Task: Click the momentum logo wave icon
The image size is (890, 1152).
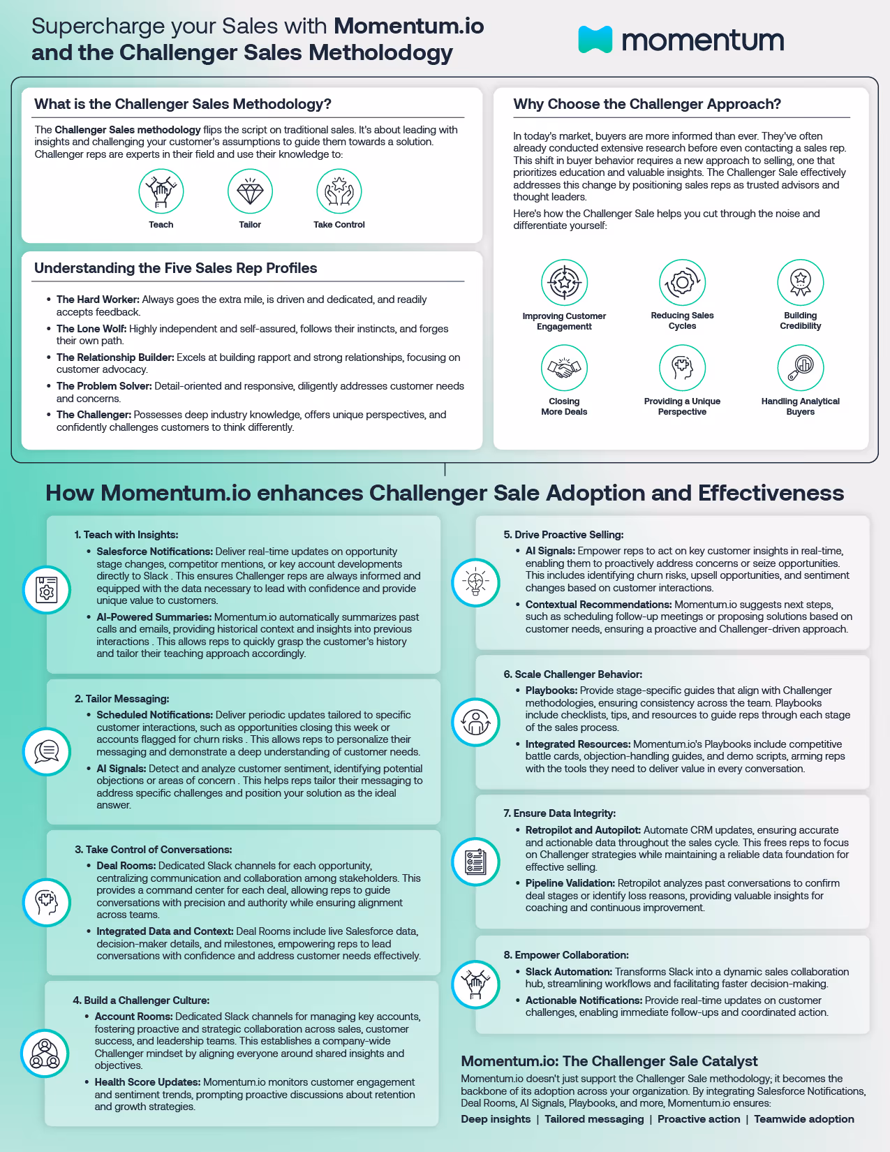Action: tap(595, 40)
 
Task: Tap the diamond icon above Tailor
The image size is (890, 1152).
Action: tap(250, 191)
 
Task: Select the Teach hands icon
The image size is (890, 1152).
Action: tap(161, 191)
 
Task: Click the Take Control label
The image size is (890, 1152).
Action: tap(339, 225)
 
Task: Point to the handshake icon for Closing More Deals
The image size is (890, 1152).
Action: tap(564, 368)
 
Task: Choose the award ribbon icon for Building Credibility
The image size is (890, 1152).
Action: tap(800, 282)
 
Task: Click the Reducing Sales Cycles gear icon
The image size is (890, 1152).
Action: tap(682, 282)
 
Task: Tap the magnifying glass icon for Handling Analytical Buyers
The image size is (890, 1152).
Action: tap(800, 368)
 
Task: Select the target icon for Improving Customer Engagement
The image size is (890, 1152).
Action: tap(564, 282)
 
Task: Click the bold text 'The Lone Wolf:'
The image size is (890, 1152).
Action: tap(91, 329)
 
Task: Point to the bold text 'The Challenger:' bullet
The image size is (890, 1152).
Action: tap(94, 415)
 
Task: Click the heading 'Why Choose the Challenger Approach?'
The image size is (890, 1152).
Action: tap(647, 104)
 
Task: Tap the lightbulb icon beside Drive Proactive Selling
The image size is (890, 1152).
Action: tap(476, 582)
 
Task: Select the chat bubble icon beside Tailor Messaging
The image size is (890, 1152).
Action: tap(47, 751)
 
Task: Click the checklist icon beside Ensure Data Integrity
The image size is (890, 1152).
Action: tap(476, 862)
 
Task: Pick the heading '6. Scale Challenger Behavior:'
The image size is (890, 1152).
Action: tap(572, 674)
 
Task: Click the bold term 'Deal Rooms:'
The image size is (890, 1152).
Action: tap(126, 866)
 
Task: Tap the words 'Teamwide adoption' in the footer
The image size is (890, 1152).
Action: tap(804, 1119)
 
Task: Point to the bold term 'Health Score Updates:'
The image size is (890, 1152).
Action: tap(147, 1082)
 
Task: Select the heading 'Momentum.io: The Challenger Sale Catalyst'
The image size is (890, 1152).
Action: tap(609, 1061)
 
